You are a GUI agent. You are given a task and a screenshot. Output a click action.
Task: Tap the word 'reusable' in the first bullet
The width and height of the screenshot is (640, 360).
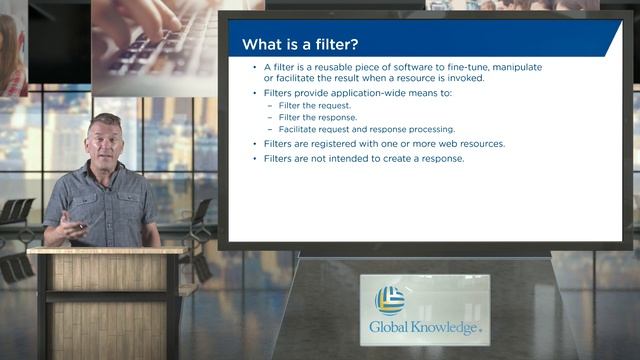(330, 68)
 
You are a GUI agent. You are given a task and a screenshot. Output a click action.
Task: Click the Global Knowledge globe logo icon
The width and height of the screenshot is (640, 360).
(389, 300)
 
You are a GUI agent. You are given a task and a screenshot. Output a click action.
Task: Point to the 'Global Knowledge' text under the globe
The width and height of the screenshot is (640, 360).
(425, 327)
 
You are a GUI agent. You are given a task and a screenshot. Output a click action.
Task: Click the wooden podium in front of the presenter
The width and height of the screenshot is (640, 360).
(105, 300)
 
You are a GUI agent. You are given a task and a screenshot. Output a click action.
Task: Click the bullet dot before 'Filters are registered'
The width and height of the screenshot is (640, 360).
(256, 143)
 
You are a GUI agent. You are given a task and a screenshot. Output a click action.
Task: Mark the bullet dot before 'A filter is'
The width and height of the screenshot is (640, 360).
(256, 68)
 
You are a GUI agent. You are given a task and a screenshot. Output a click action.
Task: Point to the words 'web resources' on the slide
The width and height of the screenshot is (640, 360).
(470, 143)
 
